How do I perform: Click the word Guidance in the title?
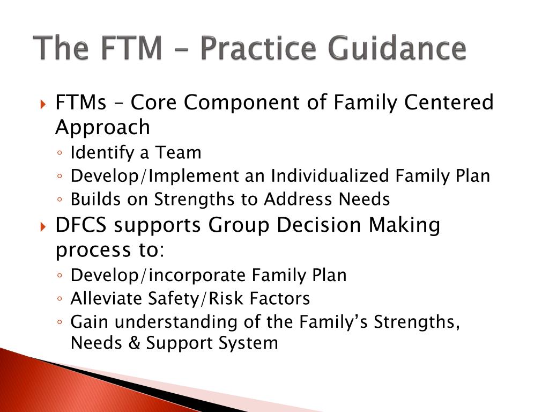397,47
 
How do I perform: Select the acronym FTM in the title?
132,48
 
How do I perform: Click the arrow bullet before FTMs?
43,104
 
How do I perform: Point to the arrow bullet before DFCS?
43,227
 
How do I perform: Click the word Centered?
449,102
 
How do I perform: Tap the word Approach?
102,128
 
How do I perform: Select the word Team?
179,152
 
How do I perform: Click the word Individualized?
330,175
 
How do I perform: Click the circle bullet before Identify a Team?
60,153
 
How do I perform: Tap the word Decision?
319,225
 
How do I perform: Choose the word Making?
405,226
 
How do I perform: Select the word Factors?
280,298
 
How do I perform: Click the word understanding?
176,322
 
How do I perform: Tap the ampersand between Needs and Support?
134,343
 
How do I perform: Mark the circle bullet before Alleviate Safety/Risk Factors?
60,299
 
